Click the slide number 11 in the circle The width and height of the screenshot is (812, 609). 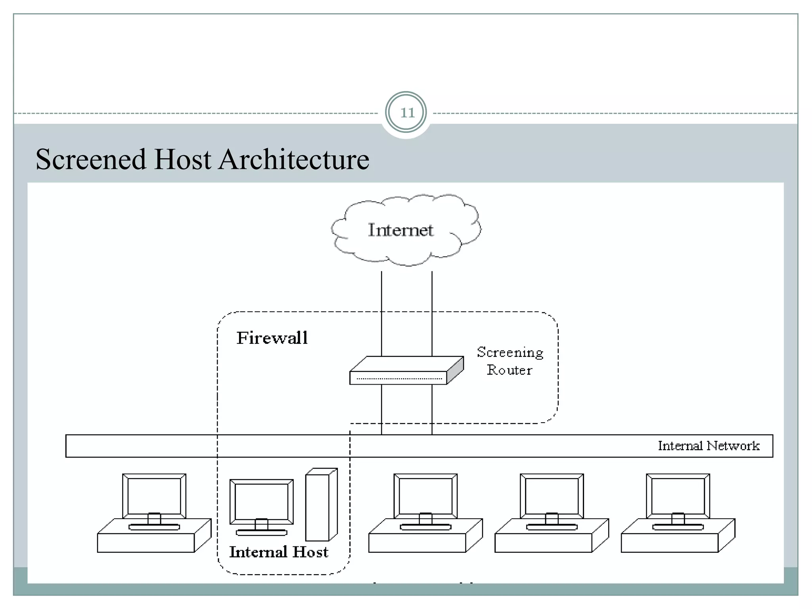point(406,113)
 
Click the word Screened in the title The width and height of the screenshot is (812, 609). point(91,159)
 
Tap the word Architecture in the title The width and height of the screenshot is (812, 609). point(294,159)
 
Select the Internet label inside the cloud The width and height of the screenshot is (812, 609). point(400,230)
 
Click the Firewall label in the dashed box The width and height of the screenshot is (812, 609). point(272,338)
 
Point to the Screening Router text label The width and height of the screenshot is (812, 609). point(510,361)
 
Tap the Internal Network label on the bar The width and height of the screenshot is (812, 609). point(709,446)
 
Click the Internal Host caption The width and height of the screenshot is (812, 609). point(279,552)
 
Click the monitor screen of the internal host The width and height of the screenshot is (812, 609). point(261,502)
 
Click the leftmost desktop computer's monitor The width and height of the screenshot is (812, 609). point(154,496)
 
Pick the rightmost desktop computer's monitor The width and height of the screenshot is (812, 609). point(678,496)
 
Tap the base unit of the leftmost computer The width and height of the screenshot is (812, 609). point(146,543)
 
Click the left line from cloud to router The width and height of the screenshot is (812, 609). point(381,313)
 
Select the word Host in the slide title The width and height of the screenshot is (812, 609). point(182,159)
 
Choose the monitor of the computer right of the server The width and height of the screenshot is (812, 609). point(425,496)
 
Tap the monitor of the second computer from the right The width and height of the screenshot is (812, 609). point(552,496)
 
